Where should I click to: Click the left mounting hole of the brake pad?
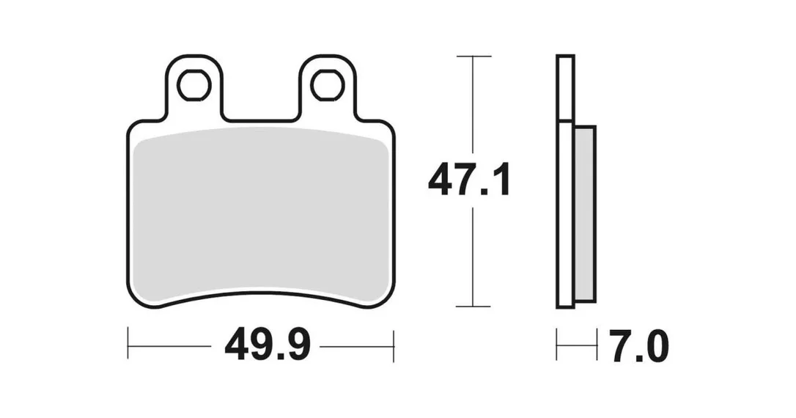tap(194, 85)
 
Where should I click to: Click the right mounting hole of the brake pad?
tap(328, 85)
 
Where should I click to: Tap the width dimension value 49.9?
tap(268, 345)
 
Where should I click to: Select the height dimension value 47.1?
tap(468, 180)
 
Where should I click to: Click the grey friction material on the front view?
tap(261, 214)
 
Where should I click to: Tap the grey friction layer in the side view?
tap(585, 213)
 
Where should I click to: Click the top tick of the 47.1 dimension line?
tap(473, 56)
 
